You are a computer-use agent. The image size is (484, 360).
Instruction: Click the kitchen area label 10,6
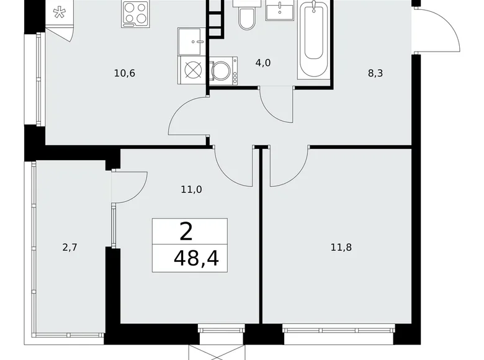click(125, 73)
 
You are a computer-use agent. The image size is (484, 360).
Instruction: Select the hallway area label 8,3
click(375, 73)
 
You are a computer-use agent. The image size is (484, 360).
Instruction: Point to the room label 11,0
click(191, 190)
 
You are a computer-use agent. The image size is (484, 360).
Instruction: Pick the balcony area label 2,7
click(69, 248)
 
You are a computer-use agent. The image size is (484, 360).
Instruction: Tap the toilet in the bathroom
click(246, 18)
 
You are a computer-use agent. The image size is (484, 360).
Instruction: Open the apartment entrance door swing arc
click(439, 31)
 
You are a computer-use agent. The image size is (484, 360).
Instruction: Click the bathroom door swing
click(275, 106)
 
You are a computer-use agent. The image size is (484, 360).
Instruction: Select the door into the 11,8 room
click(289, 166)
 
